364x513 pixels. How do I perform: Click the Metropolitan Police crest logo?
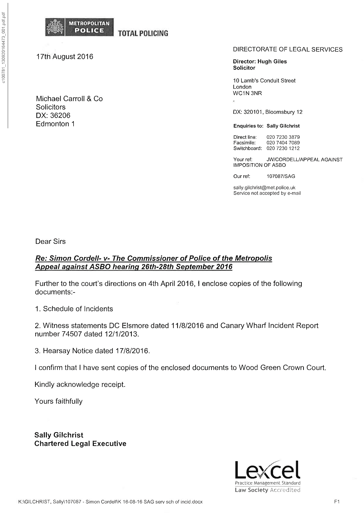(55, 27)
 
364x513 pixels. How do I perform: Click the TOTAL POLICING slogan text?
(143, 33)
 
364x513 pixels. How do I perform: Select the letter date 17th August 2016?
(65, 57)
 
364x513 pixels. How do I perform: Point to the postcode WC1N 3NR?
(247, 93)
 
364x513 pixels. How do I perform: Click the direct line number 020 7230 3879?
(283, 137)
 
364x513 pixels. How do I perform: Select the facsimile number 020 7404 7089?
(283, 143)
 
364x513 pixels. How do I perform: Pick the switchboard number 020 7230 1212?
(283, 148)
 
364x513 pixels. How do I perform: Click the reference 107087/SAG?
(281, 176)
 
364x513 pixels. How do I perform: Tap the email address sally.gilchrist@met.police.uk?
(264, 188)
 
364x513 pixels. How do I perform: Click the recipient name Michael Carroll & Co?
(69, 99)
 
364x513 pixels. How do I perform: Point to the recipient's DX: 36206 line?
(53, 116)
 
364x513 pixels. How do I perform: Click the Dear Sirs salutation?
(50, 241)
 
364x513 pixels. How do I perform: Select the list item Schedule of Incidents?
(78, 309)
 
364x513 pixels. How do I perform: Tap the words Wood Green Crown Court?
(282, 368)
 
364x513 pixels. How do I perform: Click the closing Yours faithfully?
(59, 401)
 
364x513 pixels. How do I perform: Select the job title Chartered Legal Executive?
(80, 444)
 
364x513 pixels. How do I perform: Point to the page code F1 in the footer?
(337, 502)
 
